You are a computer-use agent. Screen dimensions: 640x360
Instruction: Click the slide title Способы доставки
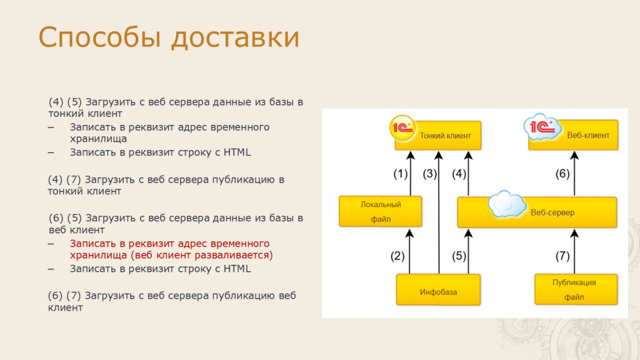(x=169, y=37)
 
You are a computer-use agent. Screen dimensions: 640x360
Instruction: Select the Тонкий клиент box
(x=438, y=136)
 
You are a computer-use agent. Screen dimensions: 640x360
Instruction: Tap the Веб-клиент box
(x=573, y=135)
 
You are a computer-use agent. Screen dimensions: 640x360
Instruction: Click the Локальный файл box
(x=381, y=211)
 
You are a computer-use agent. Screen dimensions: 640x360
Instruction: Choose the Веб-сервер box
(x=537, y=212)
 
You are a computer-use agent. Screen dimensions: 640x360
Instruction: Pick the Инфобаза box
(x=438, y=290)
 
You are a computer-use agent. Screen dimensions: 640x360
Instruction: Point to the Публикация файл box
(x=576, y=290)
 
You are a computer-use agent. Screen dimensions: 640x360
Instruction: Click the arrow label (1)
(x=401, y=174)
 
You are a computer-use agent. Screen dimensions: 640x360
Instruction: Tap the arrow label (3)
(x=430, y=174)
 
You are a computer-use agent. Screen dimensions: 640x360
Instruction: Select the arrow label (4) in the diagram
(x=459, y=174)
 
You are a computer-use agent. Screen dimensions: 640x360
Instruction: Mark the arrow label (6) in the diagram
(x=562, y=174)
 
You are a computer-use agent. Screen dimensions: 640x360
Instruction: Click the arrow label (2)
(x=397, y=256)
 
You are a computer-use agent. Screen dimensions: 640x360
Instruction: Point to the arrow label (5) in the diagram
(x=459, y=256)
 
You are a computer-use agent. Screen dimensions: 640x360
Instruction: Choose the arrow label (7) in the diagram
(x=562, y=256)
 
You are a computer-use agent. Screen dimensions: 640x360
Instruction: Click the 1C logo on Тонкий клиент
(x=402, y=128)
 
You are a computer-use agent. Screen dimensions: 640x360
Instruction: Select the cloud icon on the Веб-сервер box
(x=507, y=204)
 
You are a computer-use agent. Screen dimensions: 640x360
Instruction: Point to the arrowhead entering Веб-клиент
(x=574, y=155)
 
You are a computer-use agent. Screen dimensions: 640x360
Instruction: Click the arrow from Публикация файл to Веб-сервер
(x=574, y=251)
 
